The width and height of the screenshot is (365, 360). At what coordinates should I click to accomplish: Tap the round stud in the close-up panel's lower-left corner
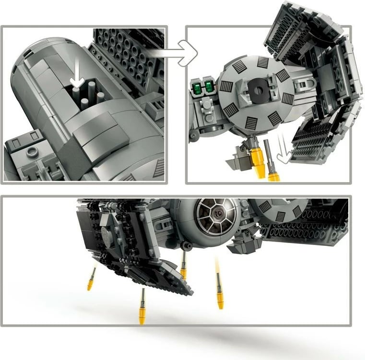[32, 152]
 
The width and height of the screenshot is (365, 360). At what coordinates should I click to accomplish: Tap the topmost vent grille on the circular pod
[263, 62]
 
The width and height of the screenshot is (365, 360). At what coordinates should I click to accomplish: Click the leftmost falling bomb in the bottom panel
[91, 279]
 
